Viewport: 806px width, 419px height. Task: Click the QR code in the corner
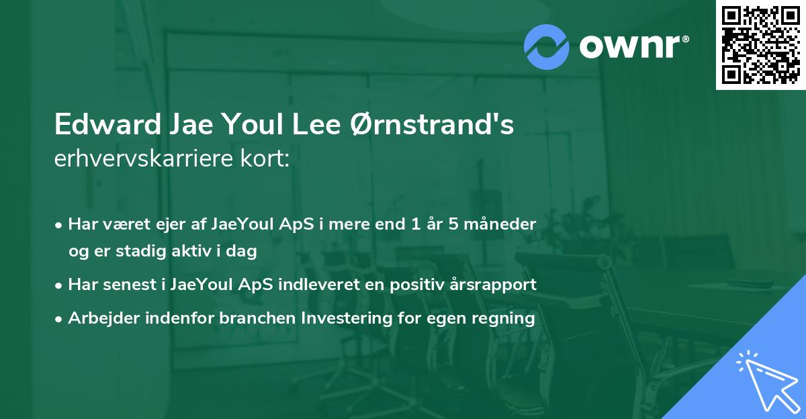(760, 45)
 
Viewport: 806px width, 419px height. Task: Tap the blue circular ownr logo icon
(547, 47)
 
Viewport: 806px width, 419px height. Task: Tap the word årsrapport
(494, 285)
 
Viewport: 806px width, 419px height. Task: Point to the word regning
(507, 318)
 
